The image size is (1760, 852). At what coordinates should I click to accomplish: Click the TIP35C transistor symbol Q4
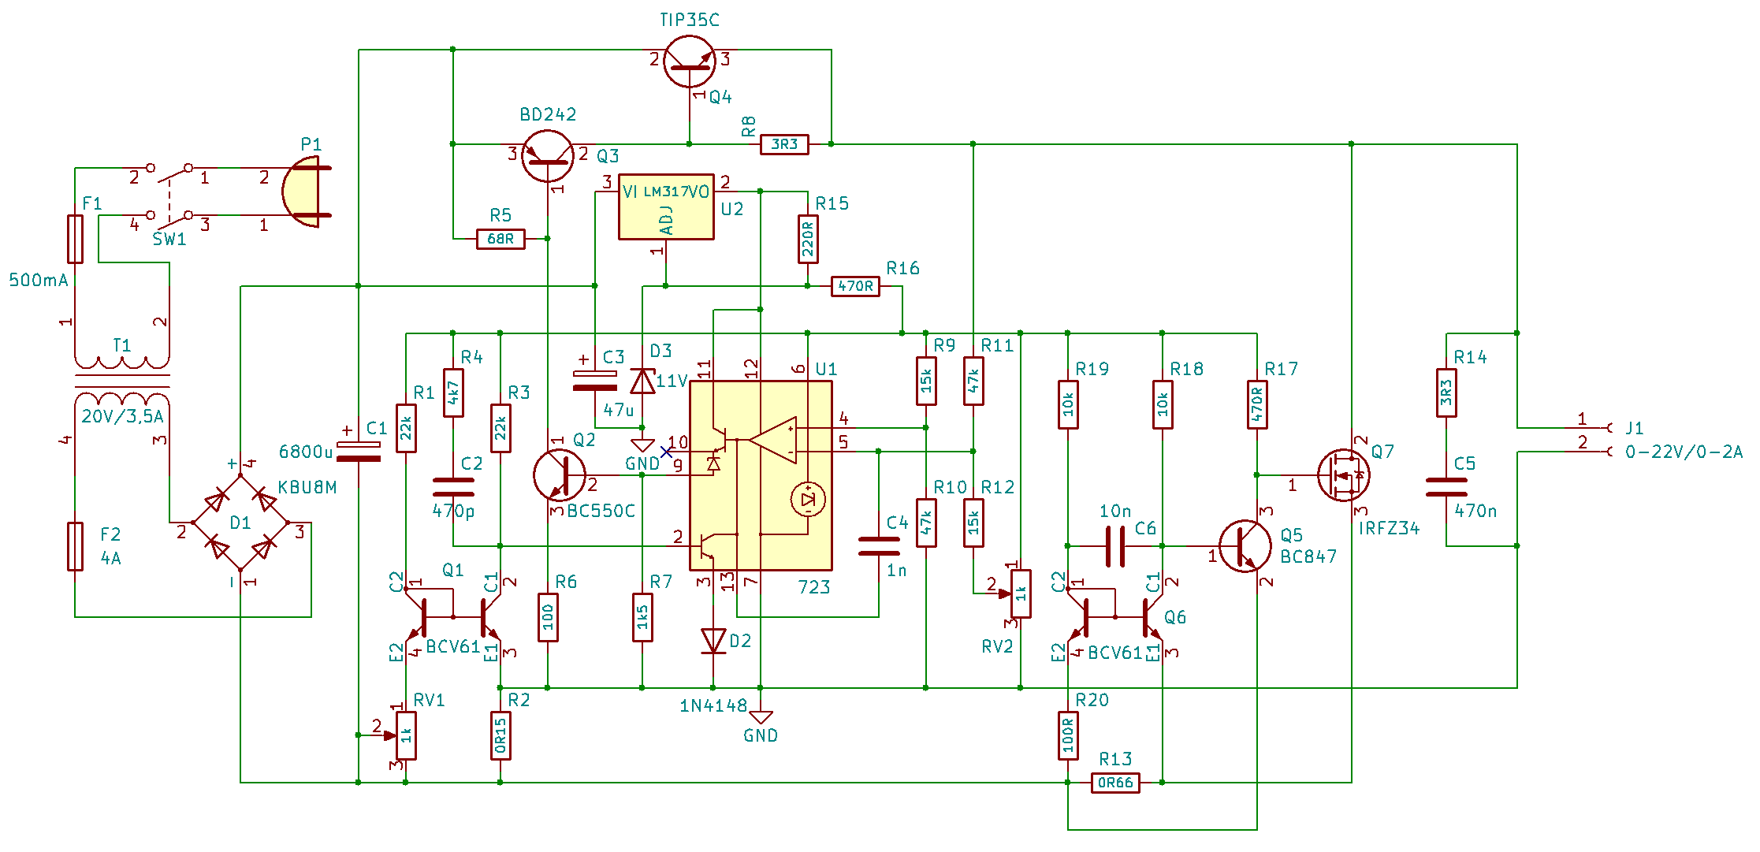pos(690,61)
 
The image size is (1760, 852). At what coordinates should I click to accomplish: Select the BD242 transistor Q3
pos(548,156)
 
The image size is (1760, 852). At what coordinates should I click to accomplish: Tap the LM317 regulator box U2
pos(666,206)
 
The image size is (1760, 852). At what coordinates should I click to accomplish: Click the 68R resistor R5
pos(500,239)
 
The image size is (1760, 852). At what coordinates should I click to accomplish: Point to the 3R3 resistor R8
pos(784,144)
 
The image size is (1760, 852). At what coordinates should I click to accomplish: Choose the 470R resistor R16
pos(855,286)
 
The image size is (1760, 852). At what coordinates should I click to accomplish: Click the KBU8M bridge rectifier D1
pos(240,523)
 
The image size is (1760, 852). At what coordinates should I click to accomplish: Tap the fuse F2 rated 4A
pos(75,546)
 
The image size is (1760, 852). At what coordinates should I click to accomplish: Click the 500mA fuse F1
pos(75,239)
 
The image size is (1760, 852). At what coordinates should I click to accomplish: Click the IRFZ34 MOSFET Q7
pos(1344,475)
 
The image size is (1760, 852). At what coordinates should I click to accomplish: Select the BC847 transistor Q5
pos(1245,546)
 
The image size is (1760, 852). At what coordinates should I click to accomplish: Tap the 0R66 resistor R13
pos(1115,783)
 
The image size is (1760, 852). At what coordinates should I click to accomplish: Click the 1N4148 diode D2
pos(713,640)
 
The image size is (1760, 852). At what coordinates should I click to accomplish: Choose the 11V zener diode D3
pos(642,381)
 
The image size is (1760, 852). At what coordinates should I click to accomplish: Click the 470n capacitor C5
pos(1446,487)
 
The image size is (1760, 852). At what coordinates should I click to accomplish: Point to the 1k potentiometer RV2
pos(1021,593)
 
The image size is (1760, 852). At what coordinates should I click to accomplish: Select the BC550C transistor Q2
pos(560,475)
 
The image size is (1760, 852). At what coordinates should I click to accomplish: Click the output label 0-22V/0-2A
pos(1684,452)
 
